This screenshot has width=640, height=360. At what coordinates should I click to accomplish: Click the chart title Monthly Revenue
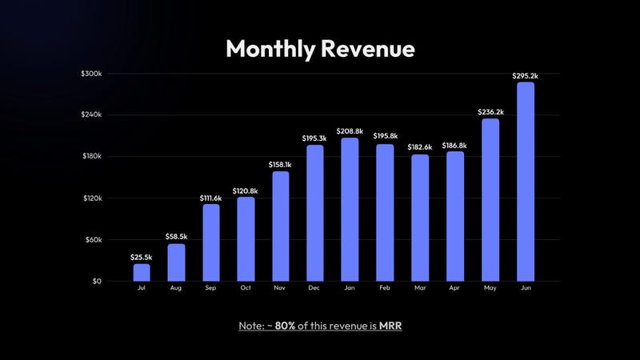point(320,49)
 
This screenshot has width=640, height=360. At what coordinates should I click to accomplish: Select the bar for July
point(142,272)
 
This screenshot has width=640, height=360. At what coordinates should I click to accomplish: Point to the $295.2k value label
point(525,76)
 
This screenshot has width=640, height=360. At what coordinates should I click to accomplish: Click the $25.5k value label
point(142,257)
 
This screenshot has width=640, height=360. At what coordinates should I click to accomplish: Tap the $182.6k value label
point(420,147)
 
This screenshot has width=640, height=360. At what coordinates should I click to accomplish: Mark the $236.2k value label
point(490,112)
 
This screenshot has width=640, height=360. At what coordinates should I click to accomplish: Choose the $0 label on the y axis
point(95,282)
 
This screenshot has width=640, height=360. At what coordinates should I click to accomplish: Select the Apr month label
point(455,288)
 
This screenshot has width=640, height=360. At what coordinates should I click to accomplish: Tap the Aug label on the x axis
point(176,288)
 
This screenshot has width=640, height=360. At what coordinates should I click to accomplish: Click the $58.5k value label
point(176,237)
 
